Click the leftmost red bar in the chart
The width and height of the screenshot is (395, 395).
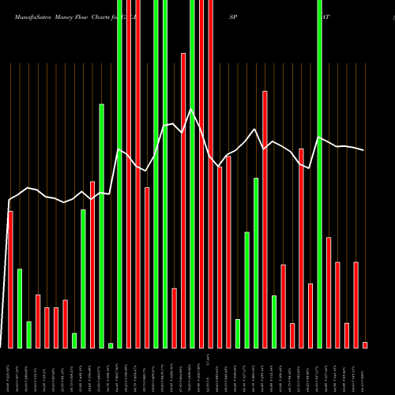[10, 280]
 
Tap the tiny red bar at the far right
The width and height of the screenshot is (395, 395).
[365, 344]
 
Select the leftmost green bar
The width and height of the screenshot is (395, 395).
[20, 308]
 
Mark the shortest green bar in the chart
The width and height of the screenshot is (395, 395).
[111, 345]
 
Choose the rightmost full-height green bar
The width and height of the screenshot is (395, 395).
[319, 174]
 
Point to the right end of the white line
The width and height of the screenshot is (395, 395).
[364, 150]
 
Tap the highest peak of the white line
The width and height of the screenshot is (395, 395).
[192, 109]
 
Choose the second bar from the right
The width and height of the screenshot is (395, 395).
[355, 304]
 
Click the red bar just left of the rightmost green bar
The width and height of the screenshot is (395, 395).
[310, 315]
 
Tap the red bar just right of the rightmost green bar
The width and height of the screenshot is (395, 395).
[329, 292]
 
